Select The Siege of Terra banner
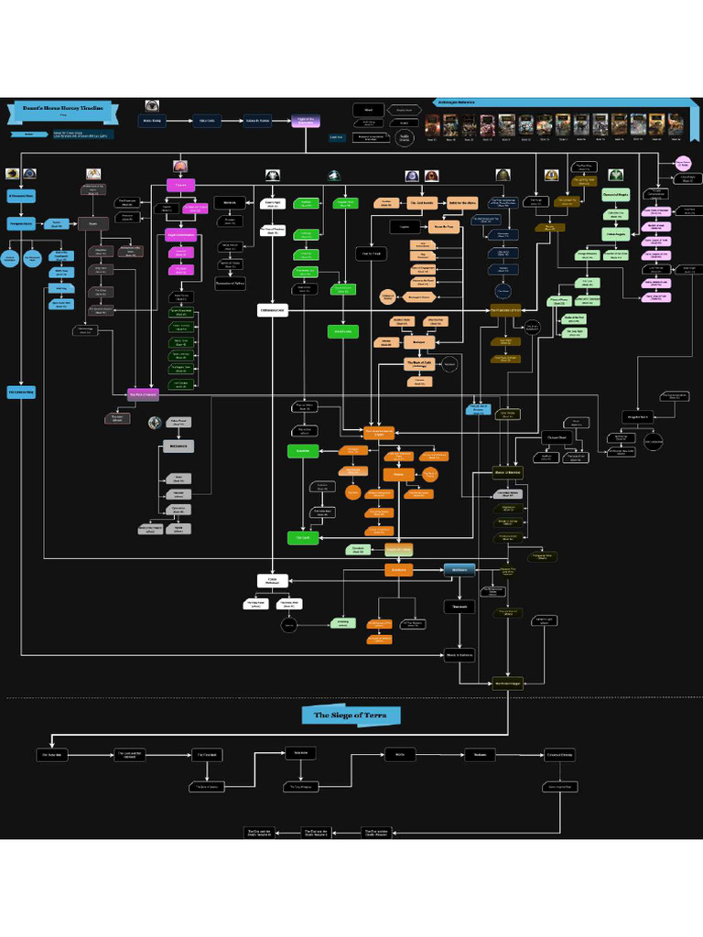[x=344, y=715]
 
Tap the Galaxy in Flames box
[x=255, y=121]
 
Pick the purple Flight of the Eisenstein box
[x=306, y=121]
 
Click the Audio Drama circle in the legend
[x=403, y=136]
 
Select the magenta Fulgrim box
[x=181, y=186]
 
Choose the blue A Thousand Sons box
[x=21, y=195]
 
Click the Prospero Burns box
[x=21, y=223]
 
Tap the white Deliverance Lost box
[x=272, y=311]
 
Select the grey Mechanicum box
[x=179, y=447]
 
